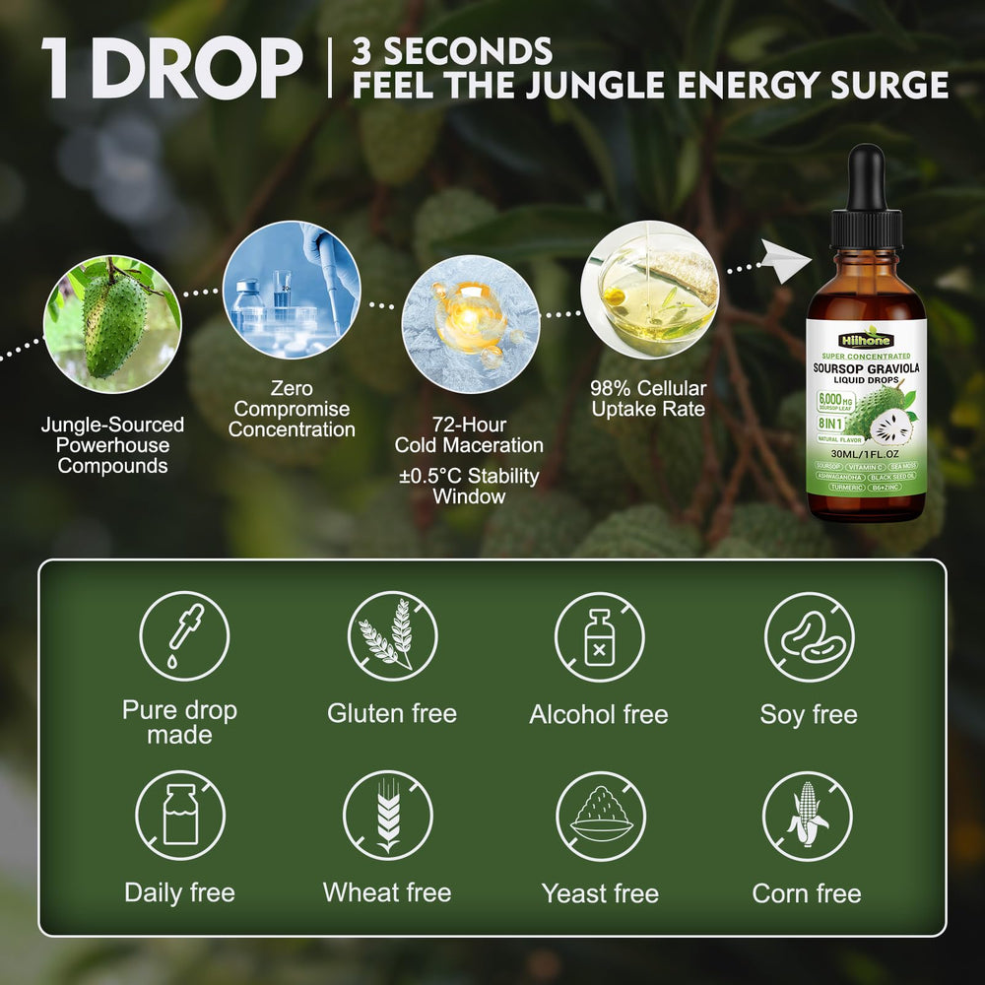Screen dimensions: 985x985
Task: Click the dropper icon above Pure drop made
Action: point(184,636)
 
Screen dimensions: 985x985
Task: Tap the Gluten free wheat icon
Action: point(392,636)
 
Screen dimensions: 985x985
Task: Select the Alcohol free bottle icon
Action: point(599,636)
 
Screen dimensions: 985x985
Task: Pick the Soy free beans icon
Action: point(809,636)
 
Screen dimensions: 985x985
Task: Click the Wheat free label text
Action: point(387,893)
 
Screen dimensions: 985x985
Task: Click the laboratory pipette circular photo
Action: point(292,290)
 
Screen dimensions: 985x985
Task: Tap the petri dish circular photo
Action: point(649,290)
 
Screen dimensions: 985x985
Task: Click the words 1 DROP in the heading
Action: point(172,71)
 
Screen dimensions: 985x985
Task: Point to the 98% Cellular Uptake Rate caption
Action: point(648,398)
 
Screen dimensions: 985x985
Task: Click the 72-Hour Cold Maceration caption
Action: point(469,434)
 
